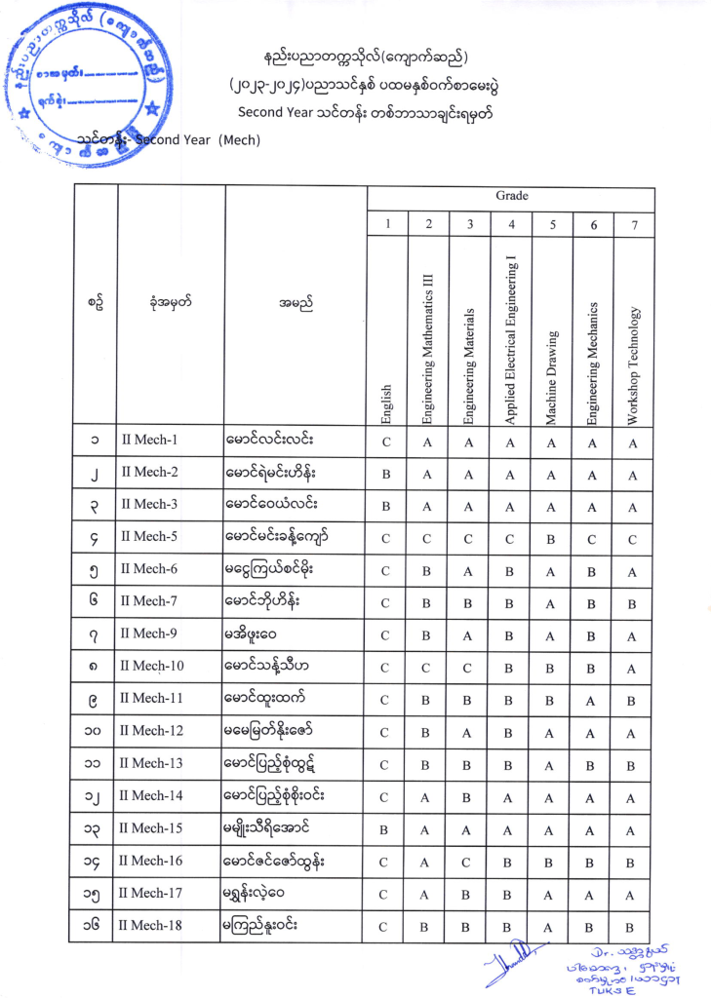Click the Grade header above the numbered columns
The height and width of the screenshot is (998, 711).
[511, 196]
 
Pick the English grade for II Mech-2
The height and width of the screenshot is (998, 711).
[386, 475]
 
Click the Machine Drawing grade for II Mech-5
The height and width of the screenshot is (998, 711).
[552, 538]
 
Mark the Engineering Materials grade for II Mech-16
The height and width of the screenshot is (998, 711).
[469, 863]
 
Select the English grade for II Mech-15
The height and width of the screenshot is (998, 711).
[386, 830]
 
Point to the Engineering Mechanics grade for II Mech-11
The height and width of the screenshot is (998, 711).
[593, 701]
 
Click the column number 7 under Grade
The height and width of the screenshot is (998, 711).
[634, 225]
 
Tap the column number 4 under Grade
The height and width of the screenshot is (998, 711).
[510, 225]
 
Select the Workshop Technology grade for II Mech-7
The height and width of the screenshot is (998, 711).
[634, 603]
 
